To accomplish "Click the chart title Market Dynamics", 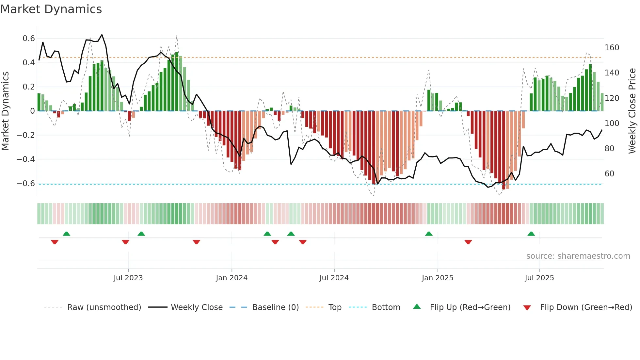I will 51,9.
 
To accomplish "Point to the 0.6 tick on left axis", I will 29,39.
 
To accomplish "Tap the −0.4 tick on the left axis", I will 26,159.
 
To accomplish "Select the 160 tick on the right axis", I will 612,48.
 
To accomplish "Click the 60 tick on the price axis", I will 609,174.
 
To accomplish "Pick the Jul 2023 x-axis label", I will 128,278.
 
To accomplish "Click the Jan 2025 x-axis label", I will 437,278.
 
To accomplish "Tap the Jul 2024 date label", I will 334,278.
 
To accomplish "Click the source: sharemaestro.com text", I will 578,256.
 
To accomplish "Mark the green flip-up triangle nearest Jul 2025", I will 531,234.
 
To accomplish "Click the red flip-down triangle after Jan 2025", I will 468,242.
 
